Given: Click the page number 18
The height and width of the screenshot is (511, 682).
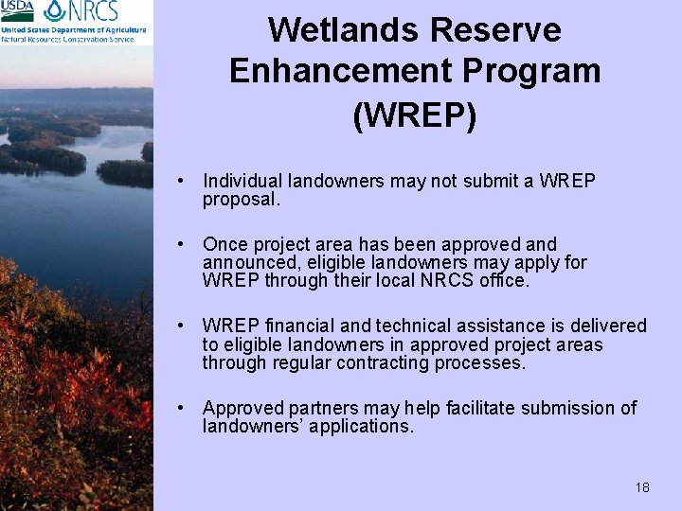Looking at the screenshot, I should tap(642, 487).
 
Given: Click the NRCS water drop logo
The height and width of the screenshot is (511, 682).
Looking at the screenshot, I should tap(55, 12).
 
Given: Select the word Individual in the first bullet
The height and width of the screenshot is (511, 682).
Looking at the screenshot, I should tap(242, 181).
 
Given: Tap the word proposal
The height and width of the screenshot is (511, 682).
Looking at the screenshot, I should tap(241, 200).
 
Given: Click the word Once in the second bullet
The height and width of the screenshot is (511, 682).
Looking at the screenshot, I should tap(224, 244).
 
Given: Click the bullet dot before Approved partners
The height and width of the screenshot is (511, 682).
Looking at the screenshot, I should tap(190, 408).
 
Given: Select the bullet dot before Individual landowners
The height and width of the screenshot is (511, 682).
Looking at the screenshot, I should tap(190, 181).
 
